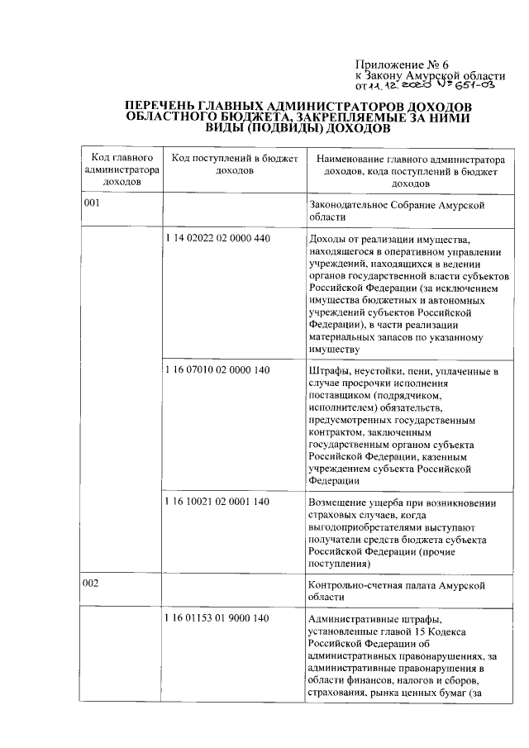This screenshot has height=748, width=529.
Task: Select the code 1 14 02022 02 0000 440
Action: [x=217, y=239]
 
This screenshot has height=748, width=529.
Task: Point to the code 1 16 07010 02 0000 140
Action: [x=217, y=370]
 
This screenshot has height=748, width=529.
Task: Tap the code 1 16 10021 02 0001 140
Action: [x=217, y=502]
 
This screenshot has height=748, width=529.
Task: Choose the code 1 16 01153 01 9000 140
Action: [x=217, y=619]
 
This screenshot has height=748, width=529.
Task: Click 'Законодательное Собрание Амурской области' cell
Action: [x=394, y=209]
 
